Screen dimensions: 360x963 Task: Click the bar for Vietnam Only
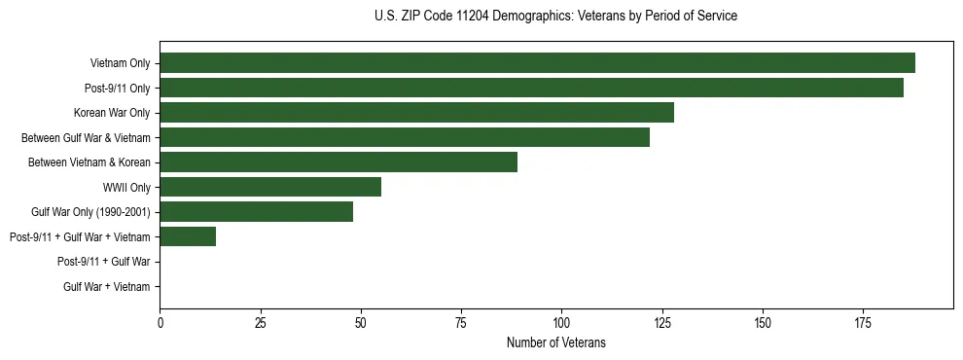pos(537,63)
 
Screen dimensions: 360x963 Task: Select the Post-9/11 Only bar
pos(531,88)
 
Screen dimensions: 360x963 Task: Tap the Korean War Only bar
pos(416,113)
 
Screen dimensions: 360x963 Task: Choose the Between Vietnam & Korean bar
pos(339,162)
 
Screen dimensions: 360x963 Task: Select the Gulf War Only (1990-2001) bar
pos(256,212)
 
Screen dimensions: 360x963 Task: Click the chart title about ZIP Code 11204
pos(555,16)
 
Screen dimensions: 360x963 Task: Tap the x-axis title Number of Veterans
pos(555,342)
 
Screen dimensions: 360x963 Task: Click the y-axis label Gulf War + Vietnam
pos(107,287)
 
